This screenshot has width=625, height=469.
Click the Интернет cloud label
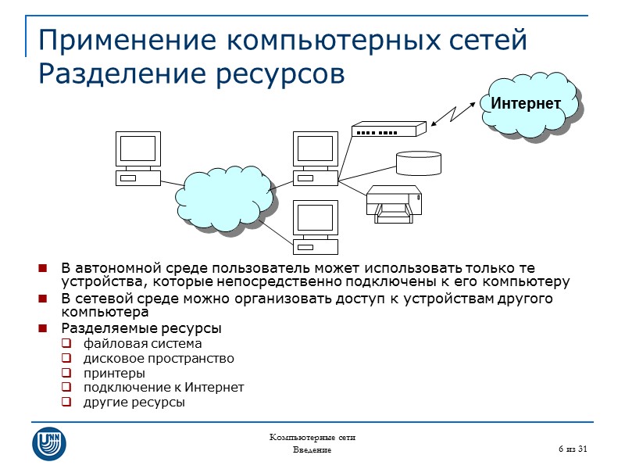pos(526,103)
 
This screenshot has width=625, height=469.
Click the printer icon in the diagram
pos(395,204)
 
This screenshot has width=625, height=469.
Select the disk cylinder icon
pos(418,163)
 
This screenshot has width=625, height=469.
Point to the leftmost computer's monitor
pos(138,148)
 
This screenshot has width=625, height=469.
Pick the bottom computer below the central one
pos(315,227)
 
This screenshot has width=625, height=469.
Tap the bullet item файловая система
pos(142,343)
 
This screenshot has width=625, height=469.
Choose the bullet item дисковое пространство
pos(159,358)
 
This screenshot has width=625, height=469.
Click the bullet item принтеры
pos(114,373)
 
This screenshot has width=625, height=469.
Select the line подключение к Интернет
pos(164,388)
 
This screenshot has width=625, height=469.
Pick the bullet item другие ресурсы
pos(134,403)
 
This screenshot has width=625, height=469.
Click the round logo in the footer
pos(49,443)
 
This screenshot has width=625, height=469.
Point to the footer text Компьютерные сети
pos(312,437)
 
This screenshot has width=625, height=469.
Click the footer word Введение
pos(312,451)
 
